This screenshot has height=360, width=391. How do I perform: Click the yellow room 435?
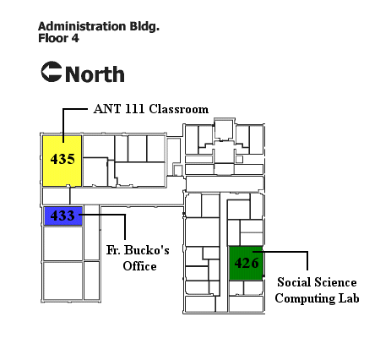click(62, 161)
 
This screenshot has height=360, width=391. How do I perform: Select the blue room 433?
click(63, 216)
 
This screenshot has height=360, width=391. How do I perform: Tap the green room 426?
click(246, 264)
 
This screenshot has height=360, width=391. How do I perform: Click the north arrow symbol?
click(52, 72)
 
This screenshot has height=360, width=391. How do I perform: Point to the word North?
click(95, 74)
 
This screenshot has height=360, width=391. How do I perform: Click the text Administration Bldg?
click(99, 26)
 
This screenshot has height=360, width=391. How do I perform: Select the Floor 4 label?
click(58, 38)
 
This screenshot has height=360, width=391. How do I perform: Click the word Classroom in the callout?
click(179, 109)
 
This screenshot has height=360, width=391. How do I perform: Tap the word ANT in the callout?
click(107, 109)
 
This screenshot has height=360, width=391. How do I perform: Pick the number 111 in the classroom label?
click(135, 109)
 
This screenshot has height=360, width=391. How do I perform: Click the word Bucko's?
click(147, 250)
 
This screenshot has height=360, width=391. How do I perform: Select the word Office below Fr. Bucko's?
click(139, 266)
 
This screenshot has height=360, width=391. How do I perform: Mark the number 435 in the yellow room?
click(62, 159)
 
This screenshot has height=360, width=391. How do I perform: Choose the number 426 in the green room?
click(247, 263)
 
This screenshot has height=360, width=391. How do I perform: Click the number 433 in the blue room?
click(62, 215)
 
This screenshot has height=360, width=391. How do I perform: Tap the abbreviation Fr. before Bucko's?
click(113, 250)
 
